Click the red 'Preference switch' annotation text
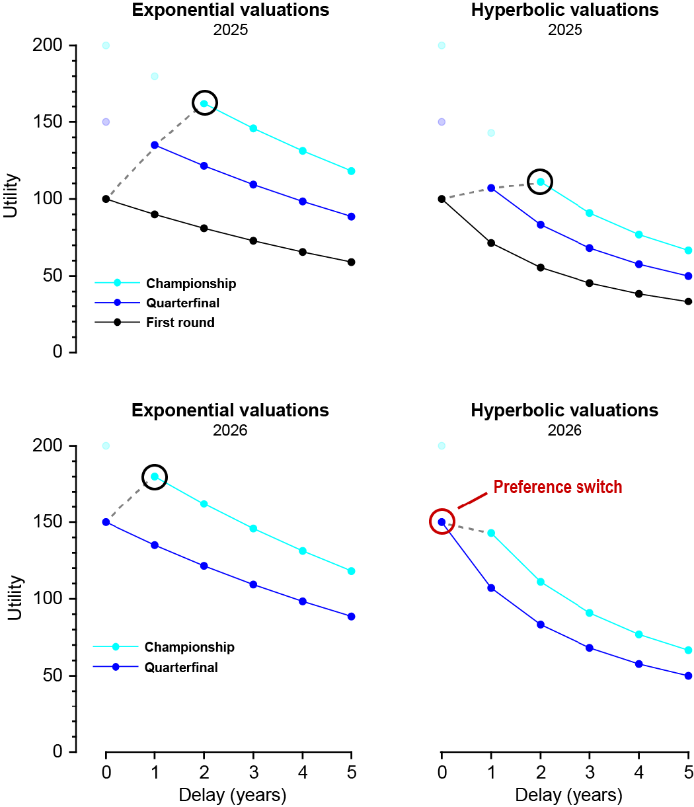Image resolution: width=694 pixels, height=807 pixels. pyautogui.click(x=558, y=488)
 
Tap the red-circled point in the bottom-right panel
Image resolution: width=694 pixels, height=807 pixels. pyautogui.click(x=442, y=521)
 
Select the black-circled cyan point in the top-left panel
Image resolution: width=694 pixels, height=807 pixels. pyautogui.click(x=204, y=103)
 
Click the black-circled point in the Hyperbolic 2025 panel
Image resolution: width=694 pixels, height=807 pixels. pyautogui.click(x=540, y=182)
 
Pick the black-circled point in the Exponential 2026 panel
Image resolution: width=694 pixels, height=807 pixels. pyautogui.click(x=155, y=477)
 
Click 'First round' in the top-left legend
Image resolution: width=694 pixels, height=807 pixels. pyautogui.click(x=180, y=323)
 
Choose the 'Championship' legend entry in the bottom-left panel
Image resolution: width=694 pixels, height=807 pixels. pyautogui.click(x=190, y=647)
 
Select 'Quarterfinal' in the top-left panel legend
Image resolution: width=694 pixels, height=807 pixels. pyautogui.click(x=182, y=303)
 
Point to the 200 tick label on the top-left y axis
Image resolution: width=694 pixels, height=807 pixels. pyautogui.click(x=52, y=46)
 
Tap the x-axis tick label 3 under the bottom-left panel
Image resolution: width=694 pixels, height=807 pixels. pyautogui.click(x=253, y=772)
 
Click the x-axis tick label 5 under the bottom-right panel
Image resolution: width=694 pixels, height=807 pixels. pyautogui.click(x=688, y=772)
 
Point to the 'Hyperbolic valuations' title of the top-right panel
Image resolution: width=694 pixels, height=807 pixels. pyautogui.click(x=564, y=11)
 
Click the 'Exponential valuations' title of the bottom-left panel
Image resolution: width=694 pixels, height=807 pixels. pyautogui.click(x=230, y=410)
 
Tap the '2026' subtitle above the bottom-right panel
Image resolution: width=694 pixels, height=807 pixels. pyautogui.click(x=564, y=430)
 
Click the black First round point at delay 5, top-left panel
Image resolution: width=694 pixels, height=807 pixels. pyautogui.click(x=351, y=262)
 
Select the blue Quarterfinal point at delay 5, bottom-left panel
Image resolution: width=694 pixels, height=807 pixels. pyautogui.click(x=351, y=617)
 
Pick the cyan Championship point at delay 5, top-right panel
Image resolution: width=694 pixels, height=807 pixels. pyautogui.click(x=688, y=250)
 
